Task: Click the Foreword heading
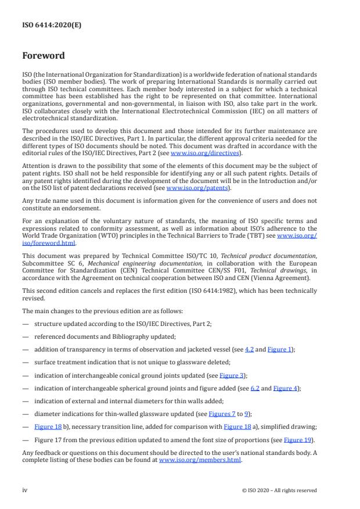[x=44, y=56]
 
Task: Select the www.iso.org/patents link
[x=189, y=188]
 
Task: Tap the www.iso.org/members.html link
[x=200, y=460]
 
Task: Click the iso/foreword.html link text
[x=44, y=245]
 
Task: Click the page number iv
[x=25, y=490]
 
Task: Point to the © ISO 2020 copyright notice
[x=279, y=490]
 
